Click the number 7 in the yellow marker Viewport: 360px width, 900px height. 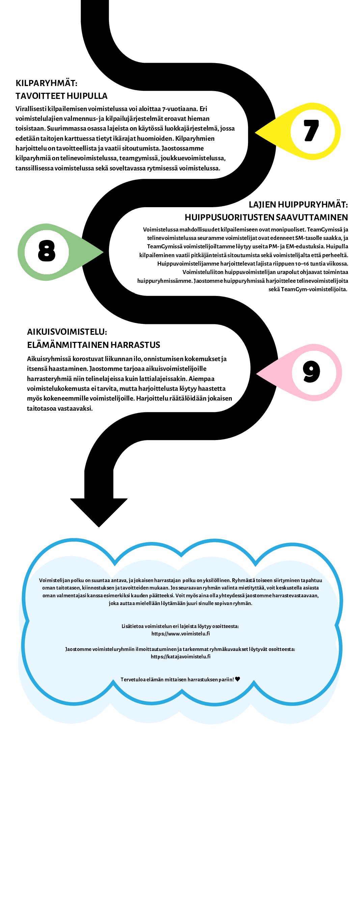[x=311, y=130]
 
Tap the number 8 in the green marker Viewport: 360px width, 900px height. [x=47, y=250]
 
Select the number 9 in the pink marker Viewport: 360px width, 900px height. [x=311, y=372]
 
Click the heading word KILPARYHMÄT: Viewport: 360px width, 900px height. [x=47, y=83]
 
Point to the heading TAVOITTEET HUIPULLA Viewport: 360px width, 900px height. [x=61, y=96]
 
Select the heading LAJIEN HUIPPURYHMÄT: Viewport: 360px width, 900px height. [x=298, y=204]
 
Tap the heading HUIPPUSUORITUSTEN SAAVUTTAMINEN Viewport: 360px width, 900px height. [x=267, y=217]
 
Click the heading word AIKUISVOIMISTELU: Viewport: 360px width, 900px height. [x=67, y=332]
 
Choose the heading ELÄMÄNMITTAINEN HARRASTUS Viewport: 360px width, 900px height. [x=93, y=345]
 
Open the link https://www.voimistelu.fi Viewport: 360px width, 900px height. [x=181, y=633]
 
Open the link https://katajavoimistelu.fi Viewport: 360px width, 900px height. [x=181, y=656]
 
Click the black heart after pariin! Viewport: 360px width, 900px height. [x=238, y=679]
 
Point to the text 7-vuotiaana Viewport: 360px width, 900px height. [x=181, y=109]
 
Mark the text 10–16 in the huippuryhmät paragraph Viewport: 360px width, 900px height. [x=300, y=264]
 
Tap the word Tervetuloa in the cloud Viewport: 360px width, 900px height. [x=133, y=680]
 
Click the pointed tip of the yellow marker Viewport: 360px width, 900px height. [x=255, y=132]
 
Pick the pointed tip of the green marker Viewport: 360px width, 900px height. [x=104, y=252]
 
